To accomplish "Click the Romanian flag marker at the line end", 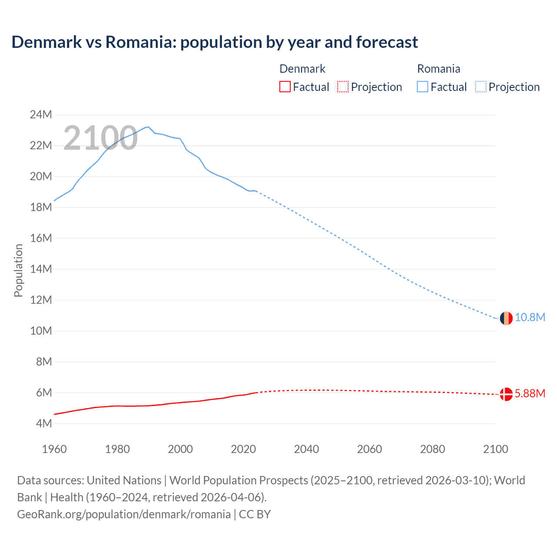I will point(506,318).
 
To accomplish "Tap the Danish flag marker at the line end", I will point(506,394).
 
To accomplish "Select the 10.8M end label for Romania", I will point(530,317).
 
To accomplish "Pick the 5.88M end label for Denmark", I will point(530,393).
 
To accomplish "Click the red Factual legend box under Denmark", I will point(285,87).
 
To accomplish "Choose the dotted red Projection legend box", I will point(343,87).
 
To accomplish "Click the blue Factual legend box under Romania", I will point(423,87).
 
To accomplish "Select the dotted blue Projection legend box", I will point(480,87).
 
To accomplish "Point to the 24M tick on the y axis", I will point(41,114).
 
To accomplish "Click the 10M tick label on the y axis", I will point(41,331).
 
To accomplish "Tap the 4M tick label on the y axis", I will point(44,423).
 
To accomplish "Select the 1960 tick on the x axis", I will point(54,449).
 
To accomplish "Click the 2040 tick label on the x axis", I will point(306,449).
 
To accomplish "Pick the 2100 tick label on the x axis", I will point(496,449).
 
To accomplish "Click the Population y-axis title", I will point(18,270).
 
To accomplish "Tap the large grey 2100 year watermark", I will point(101,138).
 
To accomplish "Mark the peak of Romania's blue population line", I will point(148,127).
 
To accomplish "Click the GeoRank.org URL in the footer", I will point(124,514).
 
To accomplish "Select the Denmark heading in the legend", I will point(302,69).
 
